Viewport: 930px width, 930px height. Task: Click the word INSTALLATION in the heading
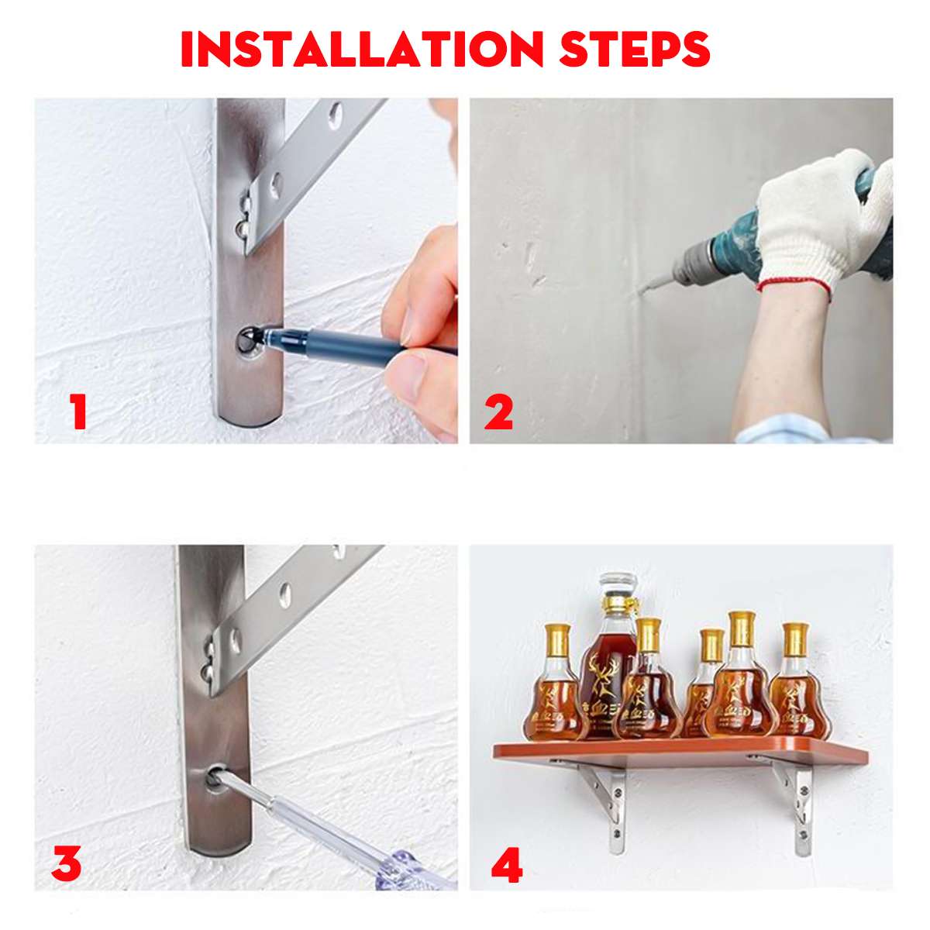362,49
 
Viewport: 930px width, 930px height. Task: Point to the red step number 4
506,866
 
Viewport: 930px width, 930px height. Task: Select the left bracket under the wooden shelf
608,802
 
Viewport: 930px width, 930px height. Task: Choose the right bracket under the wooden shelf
798,806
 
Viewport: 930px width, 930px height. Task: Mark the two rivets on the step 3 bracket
207,659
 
